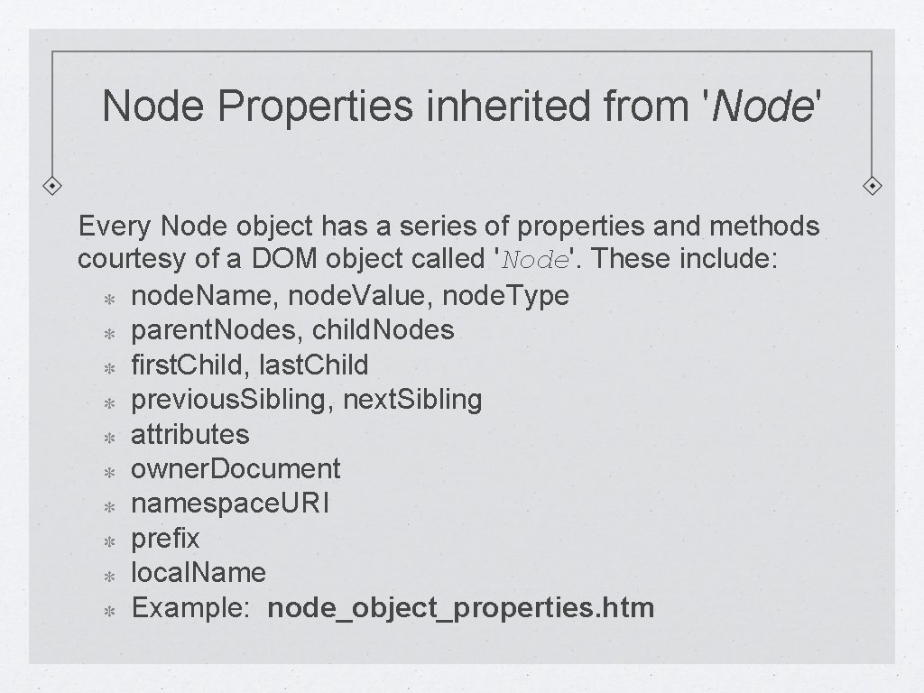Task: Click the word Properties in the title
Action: [x=311, y=106]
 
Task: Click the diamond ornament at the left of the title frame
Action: [x=53, y=185]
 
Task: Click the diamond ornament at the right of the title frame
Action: [x=873, y=185]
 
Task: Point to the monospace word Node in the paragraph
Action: [x=536, y=261]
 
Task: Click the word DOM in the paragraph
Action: [x=284, y=260]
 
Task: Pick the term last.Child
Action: [x=313, y=365]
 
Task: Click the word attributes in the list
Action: [x=189, y=434]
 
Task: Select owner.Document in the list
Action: [x=236, y=468]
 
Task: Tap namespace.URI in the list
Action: [x=230, y=504]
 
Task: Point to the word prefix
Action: [x=165, y=539]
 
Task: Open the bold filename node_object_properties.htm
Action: [x=461, y=608]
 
